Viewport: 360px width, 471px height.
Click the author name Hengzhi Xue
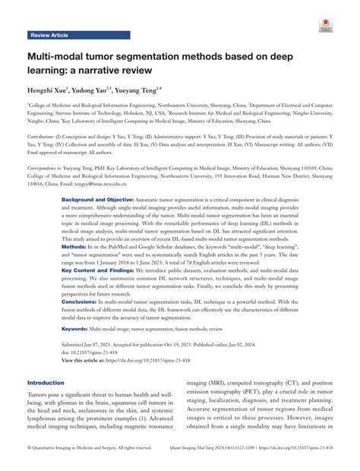pyautogui.click(x=52, y=90)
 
